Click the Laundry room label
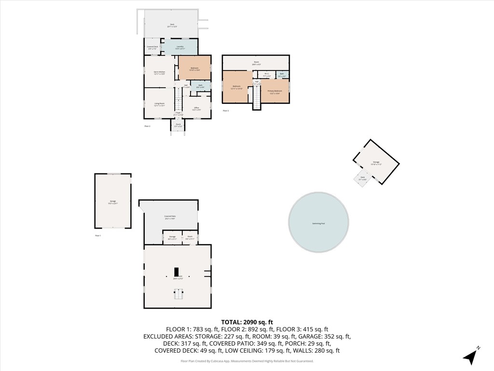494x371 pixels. (179, 47)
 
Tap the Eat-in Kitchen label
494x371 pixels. (159, 73)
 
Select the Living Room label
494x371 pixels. (159, 104)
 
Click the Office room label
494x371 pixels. (196, 109)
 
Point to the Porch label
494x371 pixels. (178, 125)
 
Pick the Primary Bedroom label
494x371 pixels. (275, 91)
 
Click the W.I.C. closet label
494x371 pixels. (267, 75)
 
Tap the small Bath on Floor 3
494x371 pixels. (282, 75)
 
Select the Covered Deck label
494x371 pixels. (152, 47)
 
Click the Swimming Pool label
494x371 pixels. (318, 224)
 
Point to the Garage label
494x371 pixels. (112, 202)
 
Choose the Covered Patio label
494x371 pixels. (169, 217)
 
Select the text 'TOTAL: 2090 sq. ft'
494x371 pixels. (247, 322)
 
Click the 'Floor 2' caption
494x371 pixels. (148, 126)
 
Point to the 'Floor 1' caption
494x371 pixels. (98, 235)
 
